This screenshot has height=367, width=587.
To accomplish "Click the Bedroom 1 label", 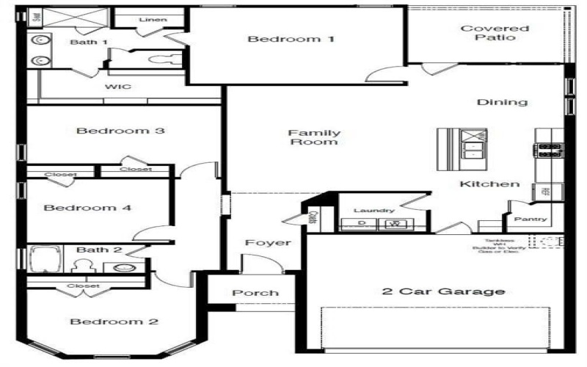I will [291, 39].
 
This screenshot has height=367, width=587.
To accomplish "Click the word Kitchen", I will [489, 184].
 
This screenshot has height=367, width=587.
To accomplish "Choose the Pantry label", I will [530, 219].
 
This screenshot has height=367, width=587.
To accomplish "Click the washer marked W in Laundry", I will [396, 223].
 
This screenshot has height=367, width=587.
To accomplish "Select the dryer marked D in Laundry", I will [361, 223].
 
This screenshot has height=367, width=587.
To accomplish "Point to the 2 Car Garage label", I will [443, 291].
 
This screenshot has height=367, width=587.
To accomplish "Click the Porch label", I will [255, 293].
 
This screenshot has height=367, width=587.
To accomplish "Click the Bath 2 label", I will [98, 250].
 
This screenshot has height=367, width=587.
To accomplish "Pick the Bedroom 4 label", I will [87, 208].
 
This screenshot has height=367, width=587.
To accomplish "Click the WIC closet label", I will [117, 87].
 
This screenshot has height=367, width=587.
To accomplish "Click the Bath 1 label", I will [88, 42].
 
